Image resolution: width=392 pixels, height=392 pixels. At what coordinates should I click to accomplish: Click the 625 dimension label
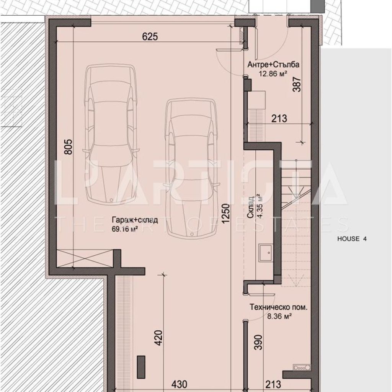click(150, 36)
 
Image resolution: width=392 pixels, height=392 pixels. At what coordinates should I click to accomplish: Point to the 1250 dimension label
click(225, 214)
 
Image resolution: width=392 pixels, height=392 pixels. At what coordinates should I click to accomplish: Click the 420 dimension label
click(159, 338)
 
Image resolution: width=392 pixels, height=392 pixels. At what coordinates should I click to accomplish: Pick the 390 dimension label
click(259, 342)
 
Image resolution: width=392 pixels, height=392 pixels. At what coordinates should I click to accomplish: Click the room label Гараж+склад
click(135, 220)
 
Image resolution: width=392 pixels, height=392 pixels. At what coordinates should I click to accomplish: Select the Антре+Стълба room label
click(273, 64)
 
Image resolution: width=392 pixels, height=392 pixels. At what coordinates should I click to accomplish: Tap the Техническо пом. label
click(279, 307)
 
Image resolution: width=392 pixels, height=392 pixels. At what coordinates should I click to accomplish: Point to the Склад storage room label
click(251, 207)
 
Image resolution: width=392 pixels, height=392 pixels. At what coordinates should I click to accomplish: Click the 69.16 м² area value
click(125, 229)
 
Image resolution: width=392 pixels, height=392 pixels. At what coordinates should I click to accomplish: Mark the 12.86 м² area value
click(273, 73)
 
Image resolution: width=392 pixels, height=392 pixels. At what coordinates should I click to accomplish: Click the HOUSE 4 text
click(352, 239)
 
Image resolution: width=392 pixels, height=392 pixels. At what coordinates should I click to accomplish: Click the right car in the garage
click(192, 168)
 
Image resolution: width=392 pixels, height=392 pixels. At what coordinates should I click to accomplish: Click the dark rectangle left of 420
click(141, 367)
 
